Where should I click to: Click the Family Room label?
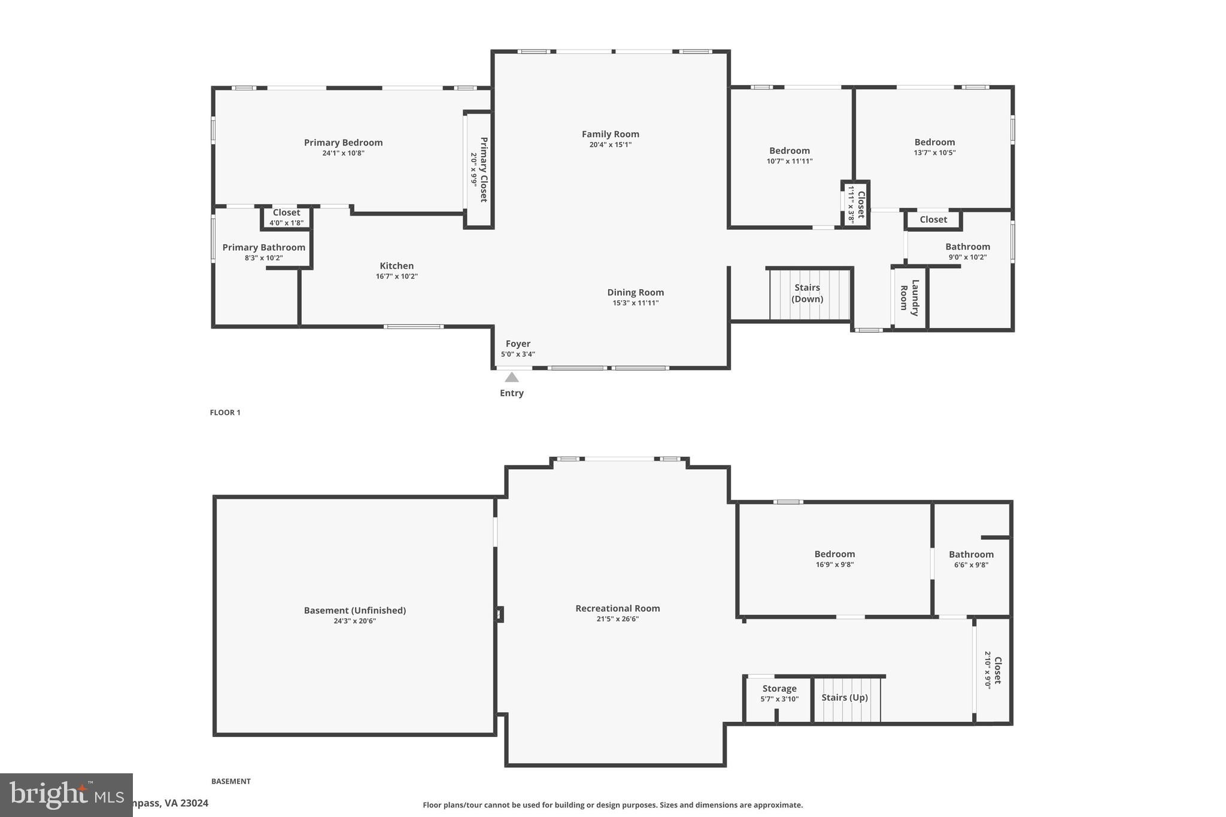pos(610,134)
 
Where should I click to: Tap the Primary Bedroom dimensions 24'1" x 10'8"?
pos(343,153)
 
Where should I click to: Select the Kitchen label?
pos(396,266)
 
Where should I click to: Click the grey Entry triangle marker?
pos(511,377)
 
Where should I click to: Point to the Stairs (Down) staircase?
pos(809,294)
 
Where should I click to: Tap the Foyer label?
pos(518,344)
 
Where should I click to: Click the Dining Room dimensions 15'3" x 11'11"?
pos(635,303)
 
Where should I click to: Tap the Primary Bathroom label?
pos(263,247)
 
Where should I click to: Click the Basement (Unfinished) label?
pos(354,611)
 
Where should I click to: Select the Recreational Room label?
pos(617,608)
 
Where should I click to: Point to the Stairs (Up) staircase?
pos(845,699)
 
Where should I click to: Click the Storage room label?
pos(779,688)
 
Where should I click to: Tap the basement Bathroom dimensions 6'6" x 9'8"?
pos(970,565)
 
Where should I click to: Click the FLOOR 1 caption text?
pos(225,412)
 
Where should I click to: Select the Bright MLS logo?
pos(66,794)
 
